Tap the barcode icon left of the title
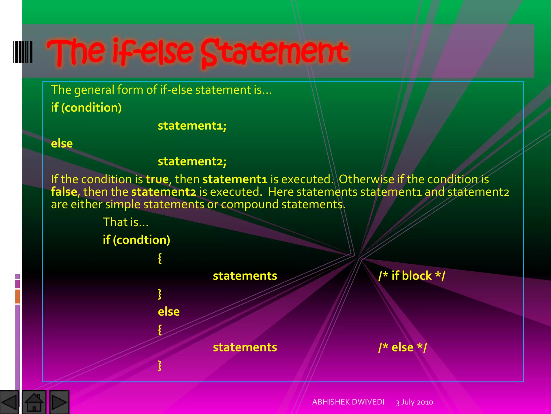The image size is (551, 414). coord(23,52)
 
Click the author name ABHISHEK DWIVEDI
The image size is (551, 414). coord(348,402)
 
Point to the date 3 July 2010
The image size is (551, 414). coord(414,402)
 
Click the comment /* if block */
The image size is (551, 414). coord(412,276)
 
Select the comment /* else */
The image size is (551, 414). coord(402,347)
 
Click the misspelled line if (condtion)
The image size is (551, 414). coord(136,240)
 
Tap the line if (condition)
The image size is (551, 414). coord(86,108)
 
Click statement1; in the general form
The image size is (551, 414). coord(192,126)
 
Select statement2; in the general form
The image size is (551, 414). coord(192,161)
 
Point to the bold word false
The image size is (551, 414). coord(64,192)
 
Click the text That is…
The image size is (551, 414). coord(126,222)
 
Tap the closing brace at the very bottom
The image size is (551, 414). coord(160,365)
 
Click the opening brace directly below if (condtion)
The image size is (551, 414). coord(160,258)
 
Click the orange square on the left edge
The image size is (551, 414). coord(17,296)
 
